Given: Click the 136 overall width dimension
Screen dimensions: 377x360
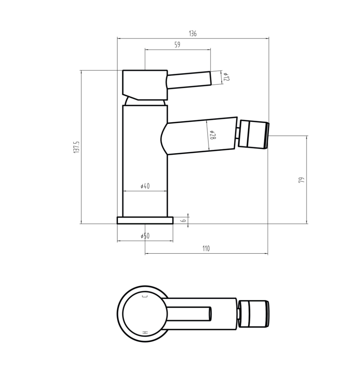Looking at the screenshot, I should point(193,34).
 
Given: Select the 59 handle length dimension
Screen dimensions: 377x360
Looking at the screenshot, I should point(177,45).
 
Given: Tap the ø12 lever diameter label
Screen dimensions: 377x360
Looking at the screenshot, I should point(226,77).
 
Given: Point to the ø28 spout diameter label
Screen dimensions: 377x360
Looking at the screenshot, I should point(212,135).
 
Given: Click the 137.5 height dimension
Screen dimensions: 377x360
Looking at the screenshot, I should point(76,147).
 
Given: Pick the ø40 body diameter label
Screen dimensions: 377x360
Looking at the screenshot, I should point(145,186).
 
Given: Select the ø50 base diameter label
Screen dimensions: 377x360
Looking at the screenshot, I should point(145,236).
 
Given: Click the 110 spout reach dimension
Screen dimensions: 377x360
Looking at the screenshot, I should point(206,249).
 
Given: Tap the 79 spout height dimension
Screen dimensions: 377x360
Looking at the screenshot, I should point(301,180).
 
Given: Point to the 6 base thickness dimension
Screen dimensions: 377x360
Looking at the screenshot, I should point(183,220).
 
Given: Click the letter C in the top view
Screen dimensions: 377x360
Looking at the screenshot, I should point(145,296).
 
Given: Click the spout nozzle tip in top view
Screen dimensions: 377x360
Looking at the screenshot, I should point(254,314).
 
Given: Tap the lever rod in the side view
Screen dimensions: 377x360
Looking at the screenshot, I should point(189,80).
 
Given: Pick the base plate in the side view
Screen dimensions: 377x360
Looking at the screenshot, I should point(145,220).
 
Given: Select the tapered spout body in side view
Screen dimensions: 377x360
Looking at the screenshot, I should point(201,136).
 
